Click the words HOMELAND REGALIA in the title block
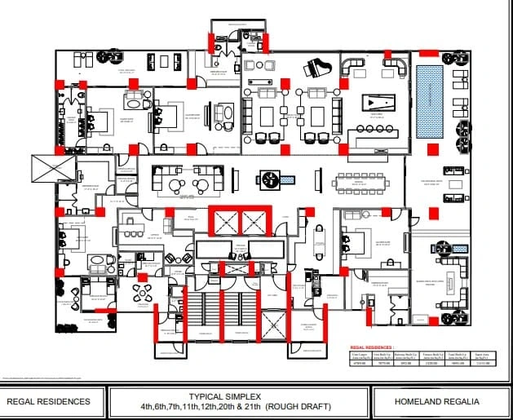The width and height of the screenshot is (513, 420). pyautogui.click(x=436, y=401)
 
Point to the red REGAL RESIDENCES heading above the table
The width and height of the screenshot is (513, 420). pyautogui.click(x=372, y=347)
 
